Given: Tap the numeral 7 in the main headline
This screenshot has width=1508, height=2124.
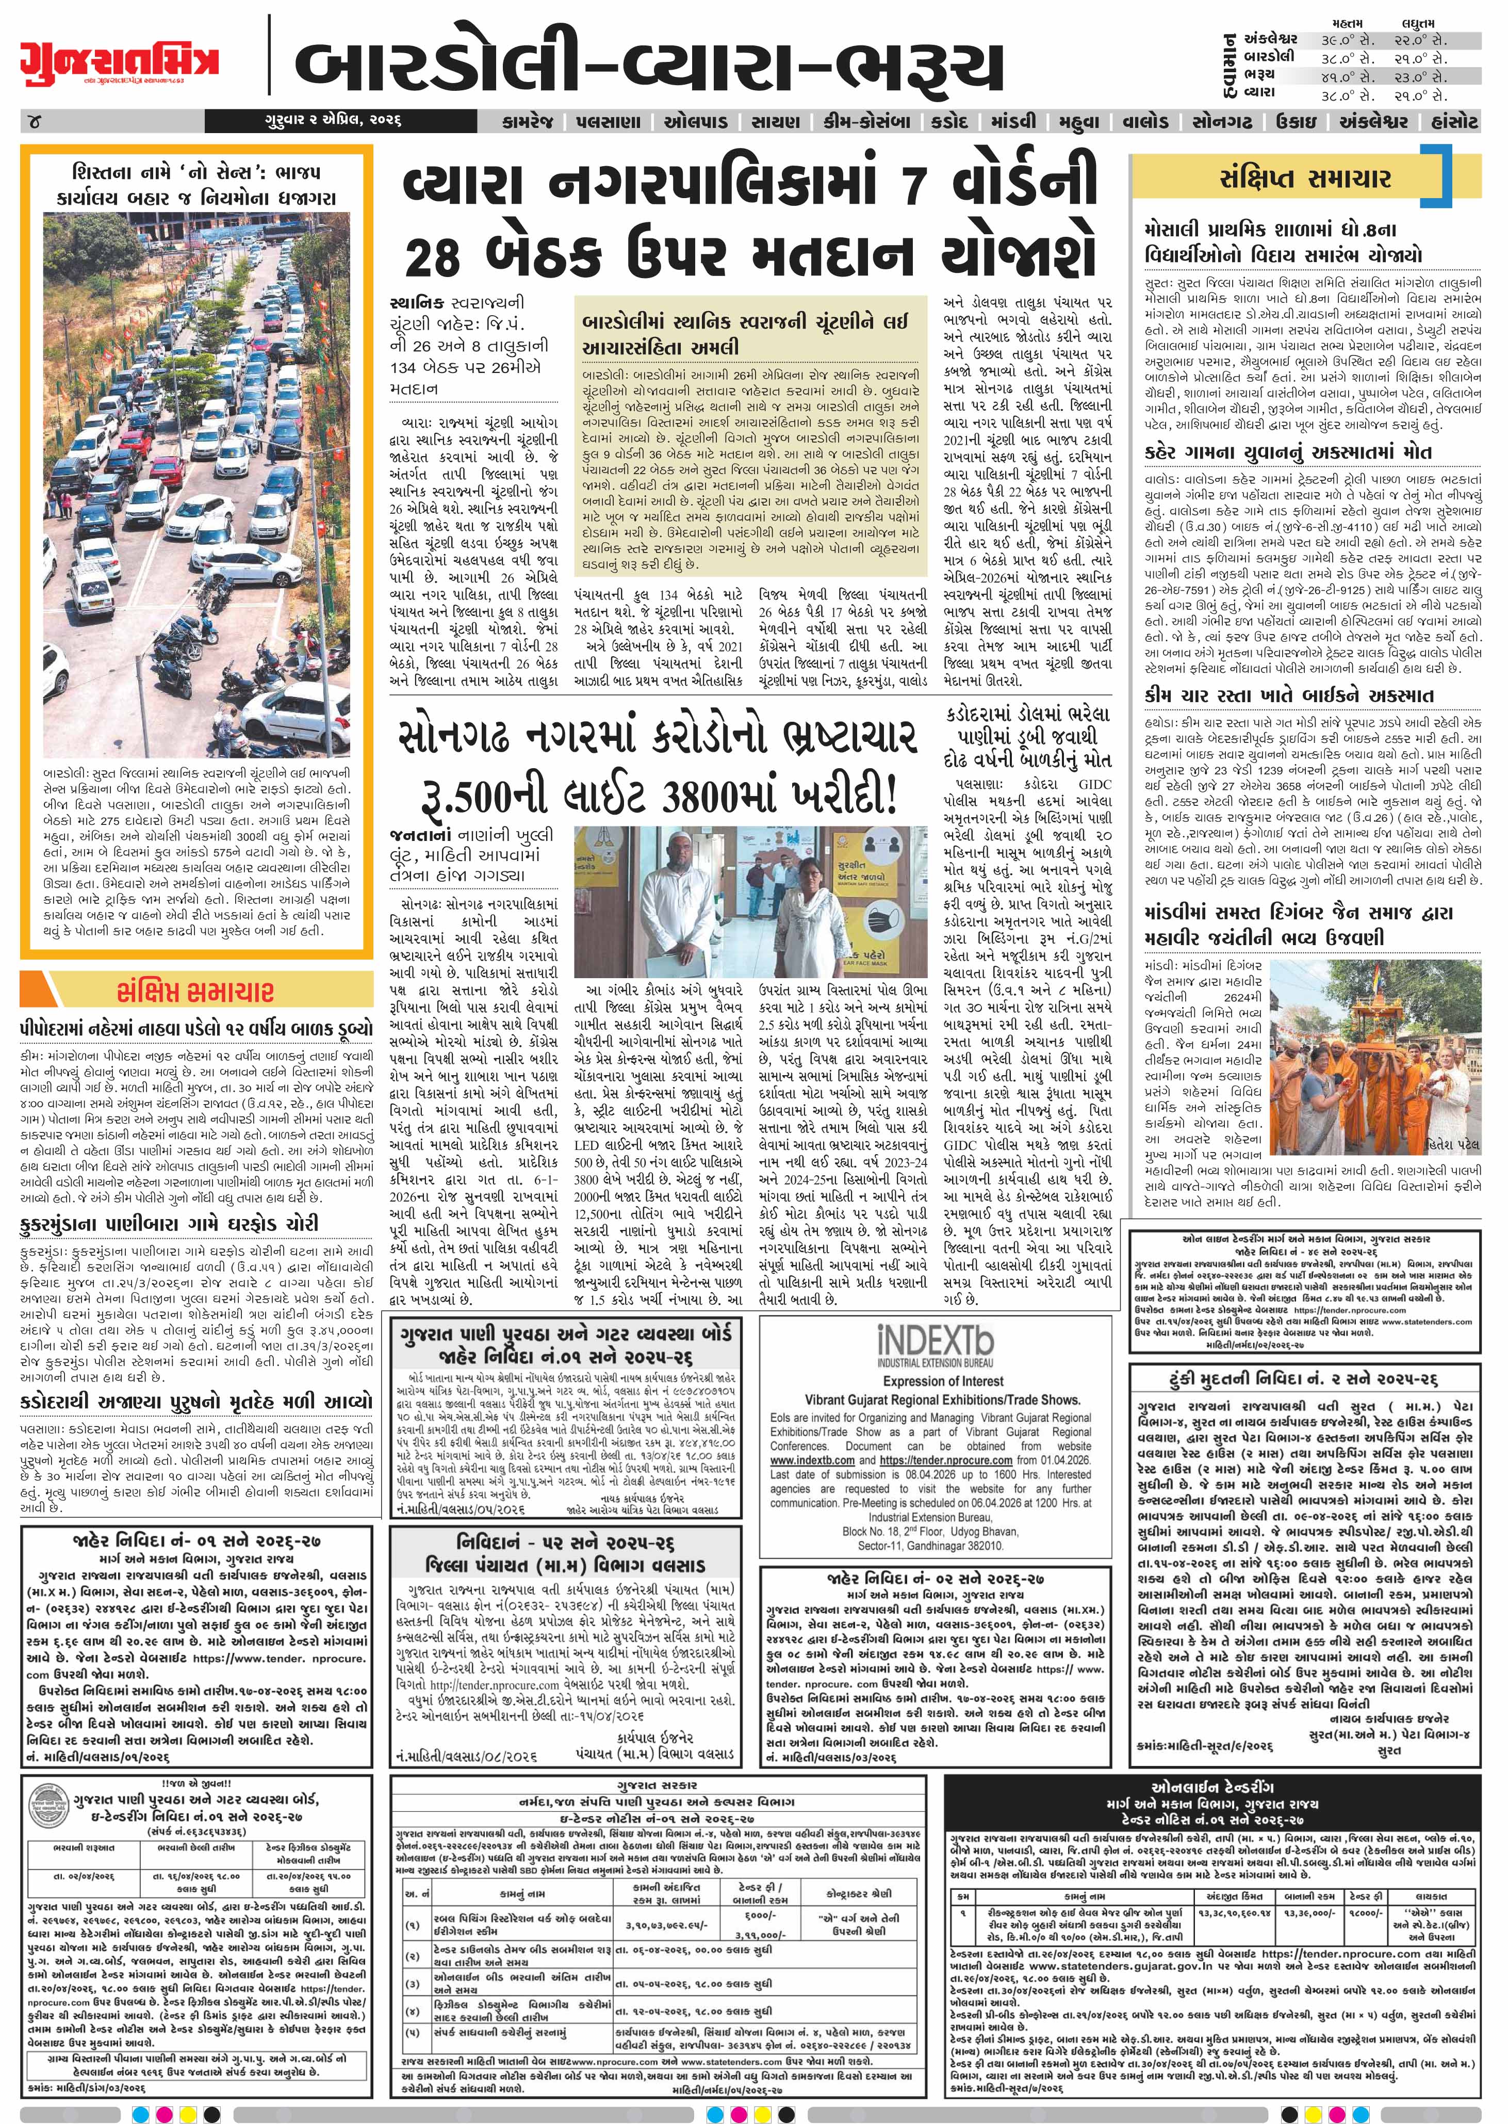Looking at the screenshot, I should tap(914, 182).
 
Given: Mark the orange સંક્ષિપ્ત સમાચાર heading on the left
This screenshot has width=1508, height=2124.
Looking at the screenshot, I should tap(195, 992).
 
